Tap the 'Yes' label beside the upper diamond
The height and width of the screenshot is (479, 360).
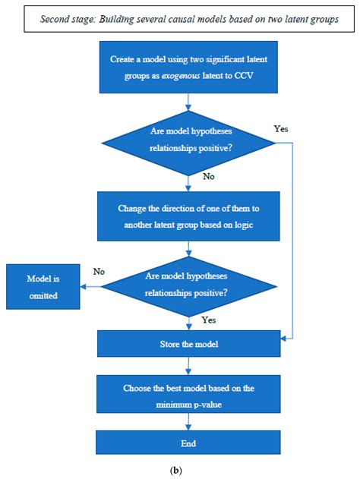282,128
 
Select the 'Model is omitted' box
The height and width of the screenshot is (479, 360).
43,285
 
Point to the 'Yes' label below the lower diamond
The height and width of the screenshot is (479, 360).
209,320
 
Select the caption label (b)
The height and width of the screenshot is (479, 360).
180,469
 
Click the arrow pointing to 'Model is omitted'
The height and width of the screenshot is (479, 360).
91,285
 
